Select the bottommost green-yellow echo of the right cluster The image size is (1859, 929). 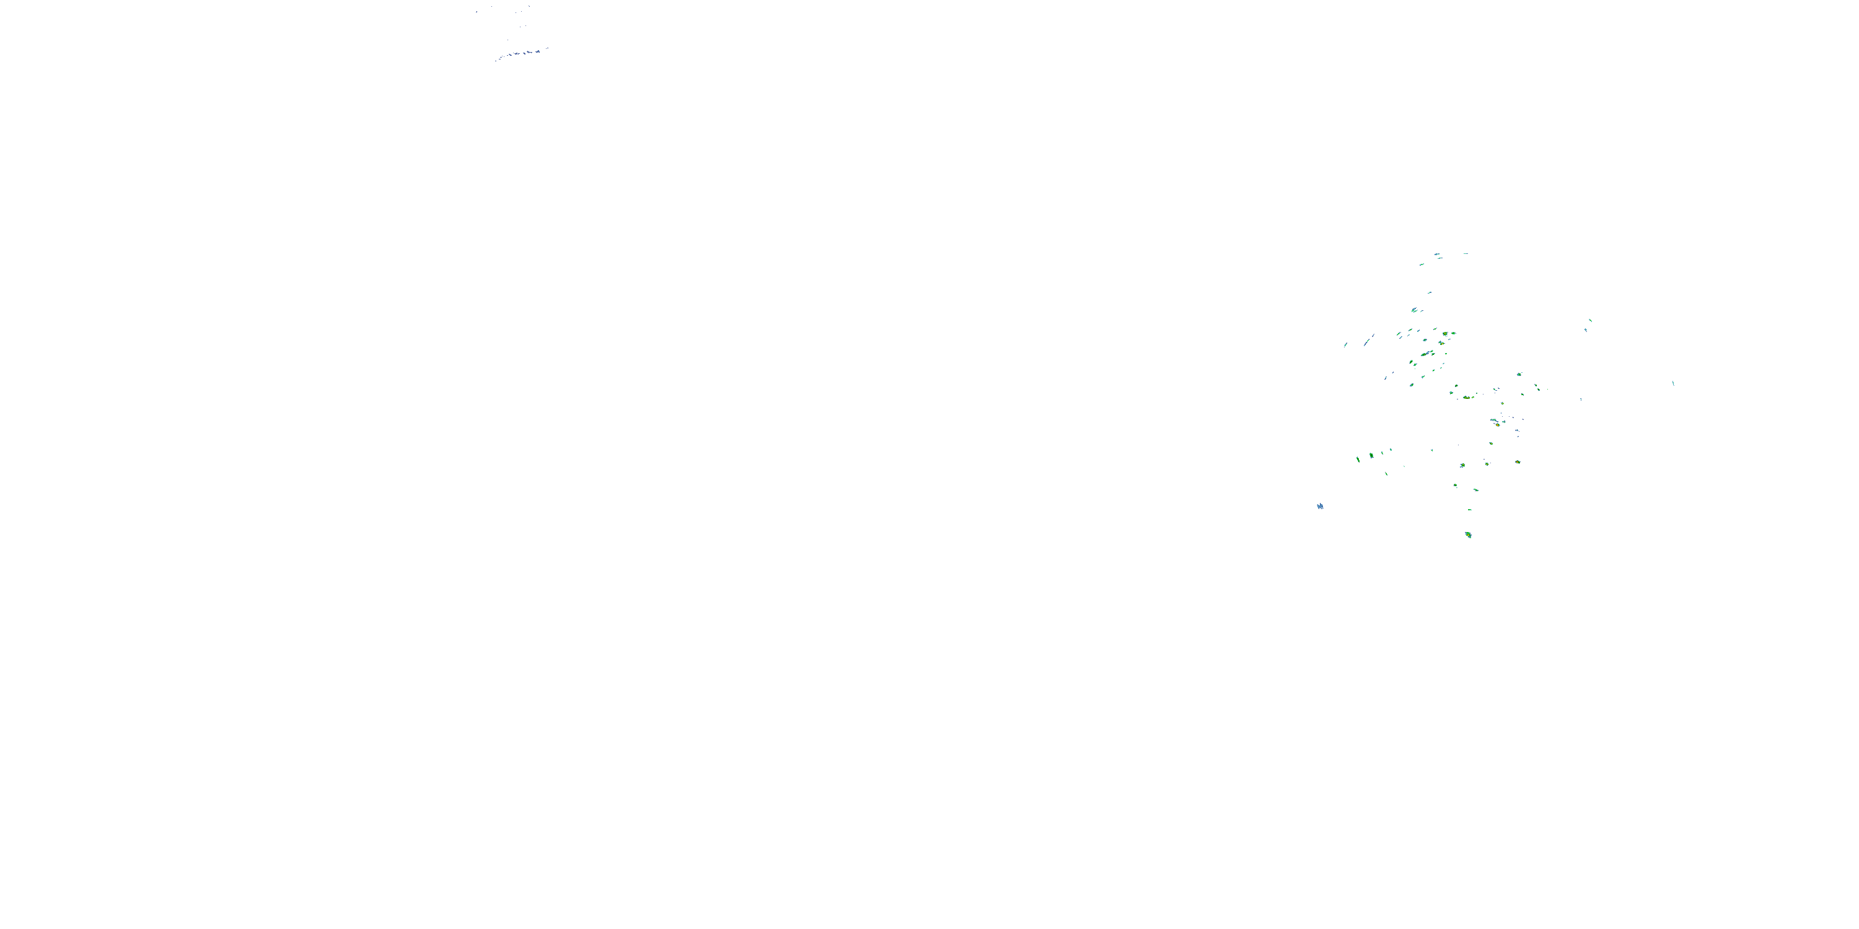pyautogui.click(x=1468, y=534)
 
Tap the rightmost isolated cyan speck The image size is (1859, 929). pyautogui.click(x=1673, y=383)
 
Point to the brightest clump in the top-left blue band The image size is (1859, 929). pyautogui.click(x=537, y=51)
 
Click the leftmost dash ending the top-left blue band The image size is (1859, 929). pyautogui.click(x=496, y=61)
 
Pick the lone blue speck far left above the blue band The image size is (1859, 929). pyautogui.click(x=477, y=12)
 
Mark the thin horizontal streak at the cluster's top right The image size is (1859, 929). pyautogui.click(x=1465, y=253)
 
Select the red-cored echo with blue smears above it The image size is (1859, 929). pyautogui.click(x=1498, y=424)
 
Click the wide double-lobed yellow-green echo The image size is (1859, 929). pyautogui.click(x=1466, y=397)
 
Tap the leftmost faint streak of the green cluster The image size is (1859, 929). pyautogui.click(x=1345, y=345)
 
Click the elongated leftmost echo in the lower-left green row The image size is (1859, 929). pyautogui.click(x=1358, y=459)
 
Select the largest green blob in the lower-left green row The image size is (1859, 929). pyautogui.click(x=1371, y=455)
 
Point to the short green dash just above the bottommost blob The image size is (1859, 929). pyautogui.click(x=1469, y=510)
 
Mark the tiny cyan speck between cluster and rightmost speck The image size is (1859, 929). pyautogui.click(x=1580, y=399)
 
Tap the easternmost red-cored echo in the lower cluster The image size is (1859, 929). pyautogui.click(x=1517, y=461)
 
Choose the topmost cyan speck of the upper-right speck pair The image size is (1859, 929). pyautogui.click(x=1591, y=320)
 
